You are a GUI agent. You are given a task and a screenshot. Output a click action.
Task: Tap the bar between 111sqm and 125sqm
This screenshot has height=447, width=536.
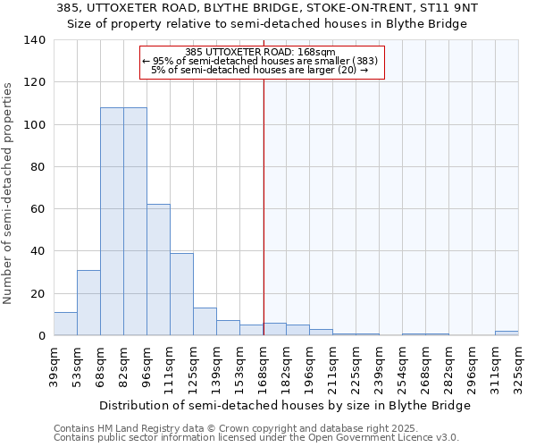coord(181,294)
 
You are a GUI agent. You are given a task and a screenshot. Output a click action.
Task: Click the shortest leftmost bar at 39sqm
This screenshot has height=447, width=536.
coord(65,324)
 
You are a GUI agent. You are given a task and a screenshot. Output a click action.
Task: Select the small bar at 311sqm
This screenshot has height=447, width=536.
coord(507,333)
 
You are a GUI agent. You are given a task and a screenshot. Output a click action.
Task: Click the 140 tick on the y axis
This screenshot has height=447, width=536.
coord(35,40)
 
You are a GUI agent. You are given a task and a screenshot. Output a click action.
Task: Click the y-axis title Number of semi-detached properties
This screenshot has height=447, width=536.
coord(9,193)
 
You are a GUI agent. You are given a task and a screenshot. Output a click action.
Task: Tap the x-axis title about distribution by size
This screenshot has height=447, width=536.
coord(285,405)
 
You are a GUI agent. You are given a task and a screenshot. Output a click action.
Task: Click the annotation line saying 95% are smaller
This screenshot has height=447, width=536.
coord(260,61)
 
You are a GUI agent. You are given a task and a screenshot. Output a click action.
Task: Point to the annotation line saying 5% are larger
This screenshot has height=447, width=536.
coord(260,70)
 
